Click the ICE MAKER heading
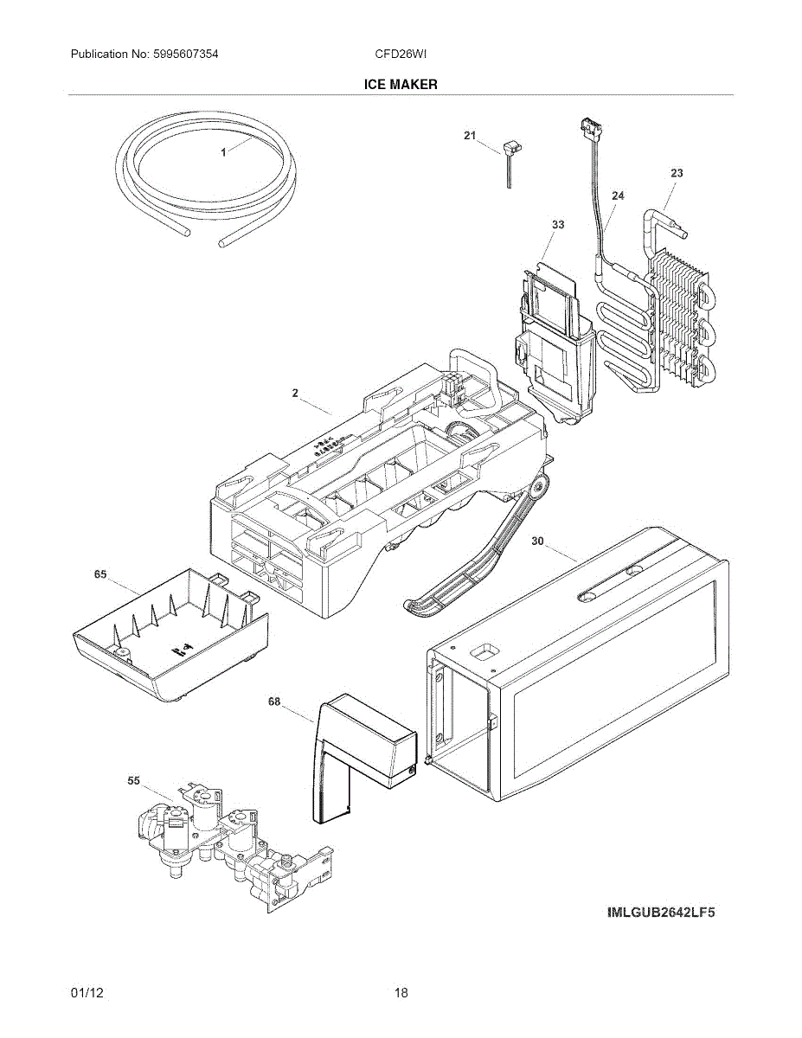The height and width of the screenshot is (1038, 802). click(x=401, y=85)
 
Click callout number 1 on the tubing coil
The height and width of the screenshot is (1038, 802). click(x=223, y=152)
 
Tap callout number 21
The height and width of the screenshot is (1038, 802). click(x=470, y=136)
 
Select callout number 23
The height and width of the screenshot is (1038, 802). click(x=677, y=173)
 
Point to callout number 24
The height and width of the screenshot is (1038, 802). click(x=618, y=196)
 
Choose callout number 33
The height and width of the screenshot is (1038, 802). click(x=558, y=225)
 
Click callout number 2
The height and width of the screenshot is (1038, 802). click(x=295, y=393)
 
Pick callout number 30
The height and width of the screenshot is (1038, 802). click(x=537, y=541)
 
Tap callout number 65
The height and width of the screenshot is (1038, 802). click(x=100, y=573)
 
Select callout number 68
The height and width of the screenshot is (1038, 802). click(x=274, y=702)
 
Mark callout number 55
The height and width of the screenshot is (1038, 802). click(x=133, y=781)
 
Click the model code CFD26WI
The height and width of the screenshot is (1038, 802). click(x=401, y=54)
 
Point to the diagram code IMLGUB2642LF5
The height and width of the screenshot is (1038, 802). click(x=661, y=913)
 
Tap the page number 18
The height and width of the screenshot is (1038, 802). click(x=401, y=993)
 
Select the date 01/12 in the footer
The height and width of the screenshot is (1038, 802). click(x=87, y=993)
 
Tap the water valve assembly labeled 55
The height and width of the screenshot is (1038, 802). click(x=229, y=843)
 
